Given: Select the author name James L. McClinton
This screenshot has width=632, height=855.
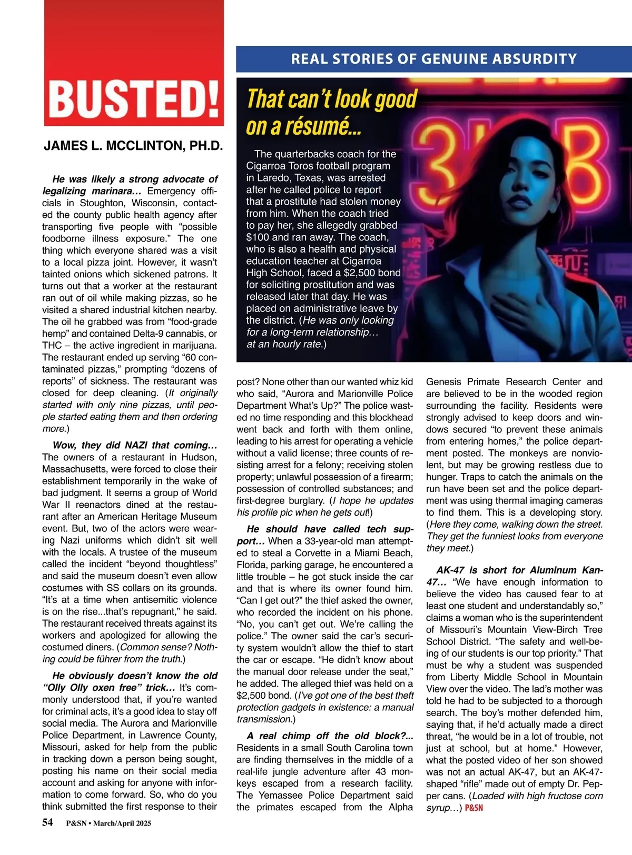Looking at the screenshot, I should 133,146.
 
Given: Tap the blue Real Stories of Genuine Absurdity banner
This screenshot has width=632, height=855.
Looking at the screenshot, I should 433,59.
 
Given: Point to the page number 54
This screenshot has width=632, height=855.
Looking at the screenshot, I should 47,822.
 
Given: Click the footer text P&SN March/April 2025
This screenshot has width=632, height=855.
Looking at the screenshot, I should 108,823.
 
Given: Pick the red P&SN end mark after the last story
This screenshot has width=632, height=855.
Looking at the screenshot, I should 474,808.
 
